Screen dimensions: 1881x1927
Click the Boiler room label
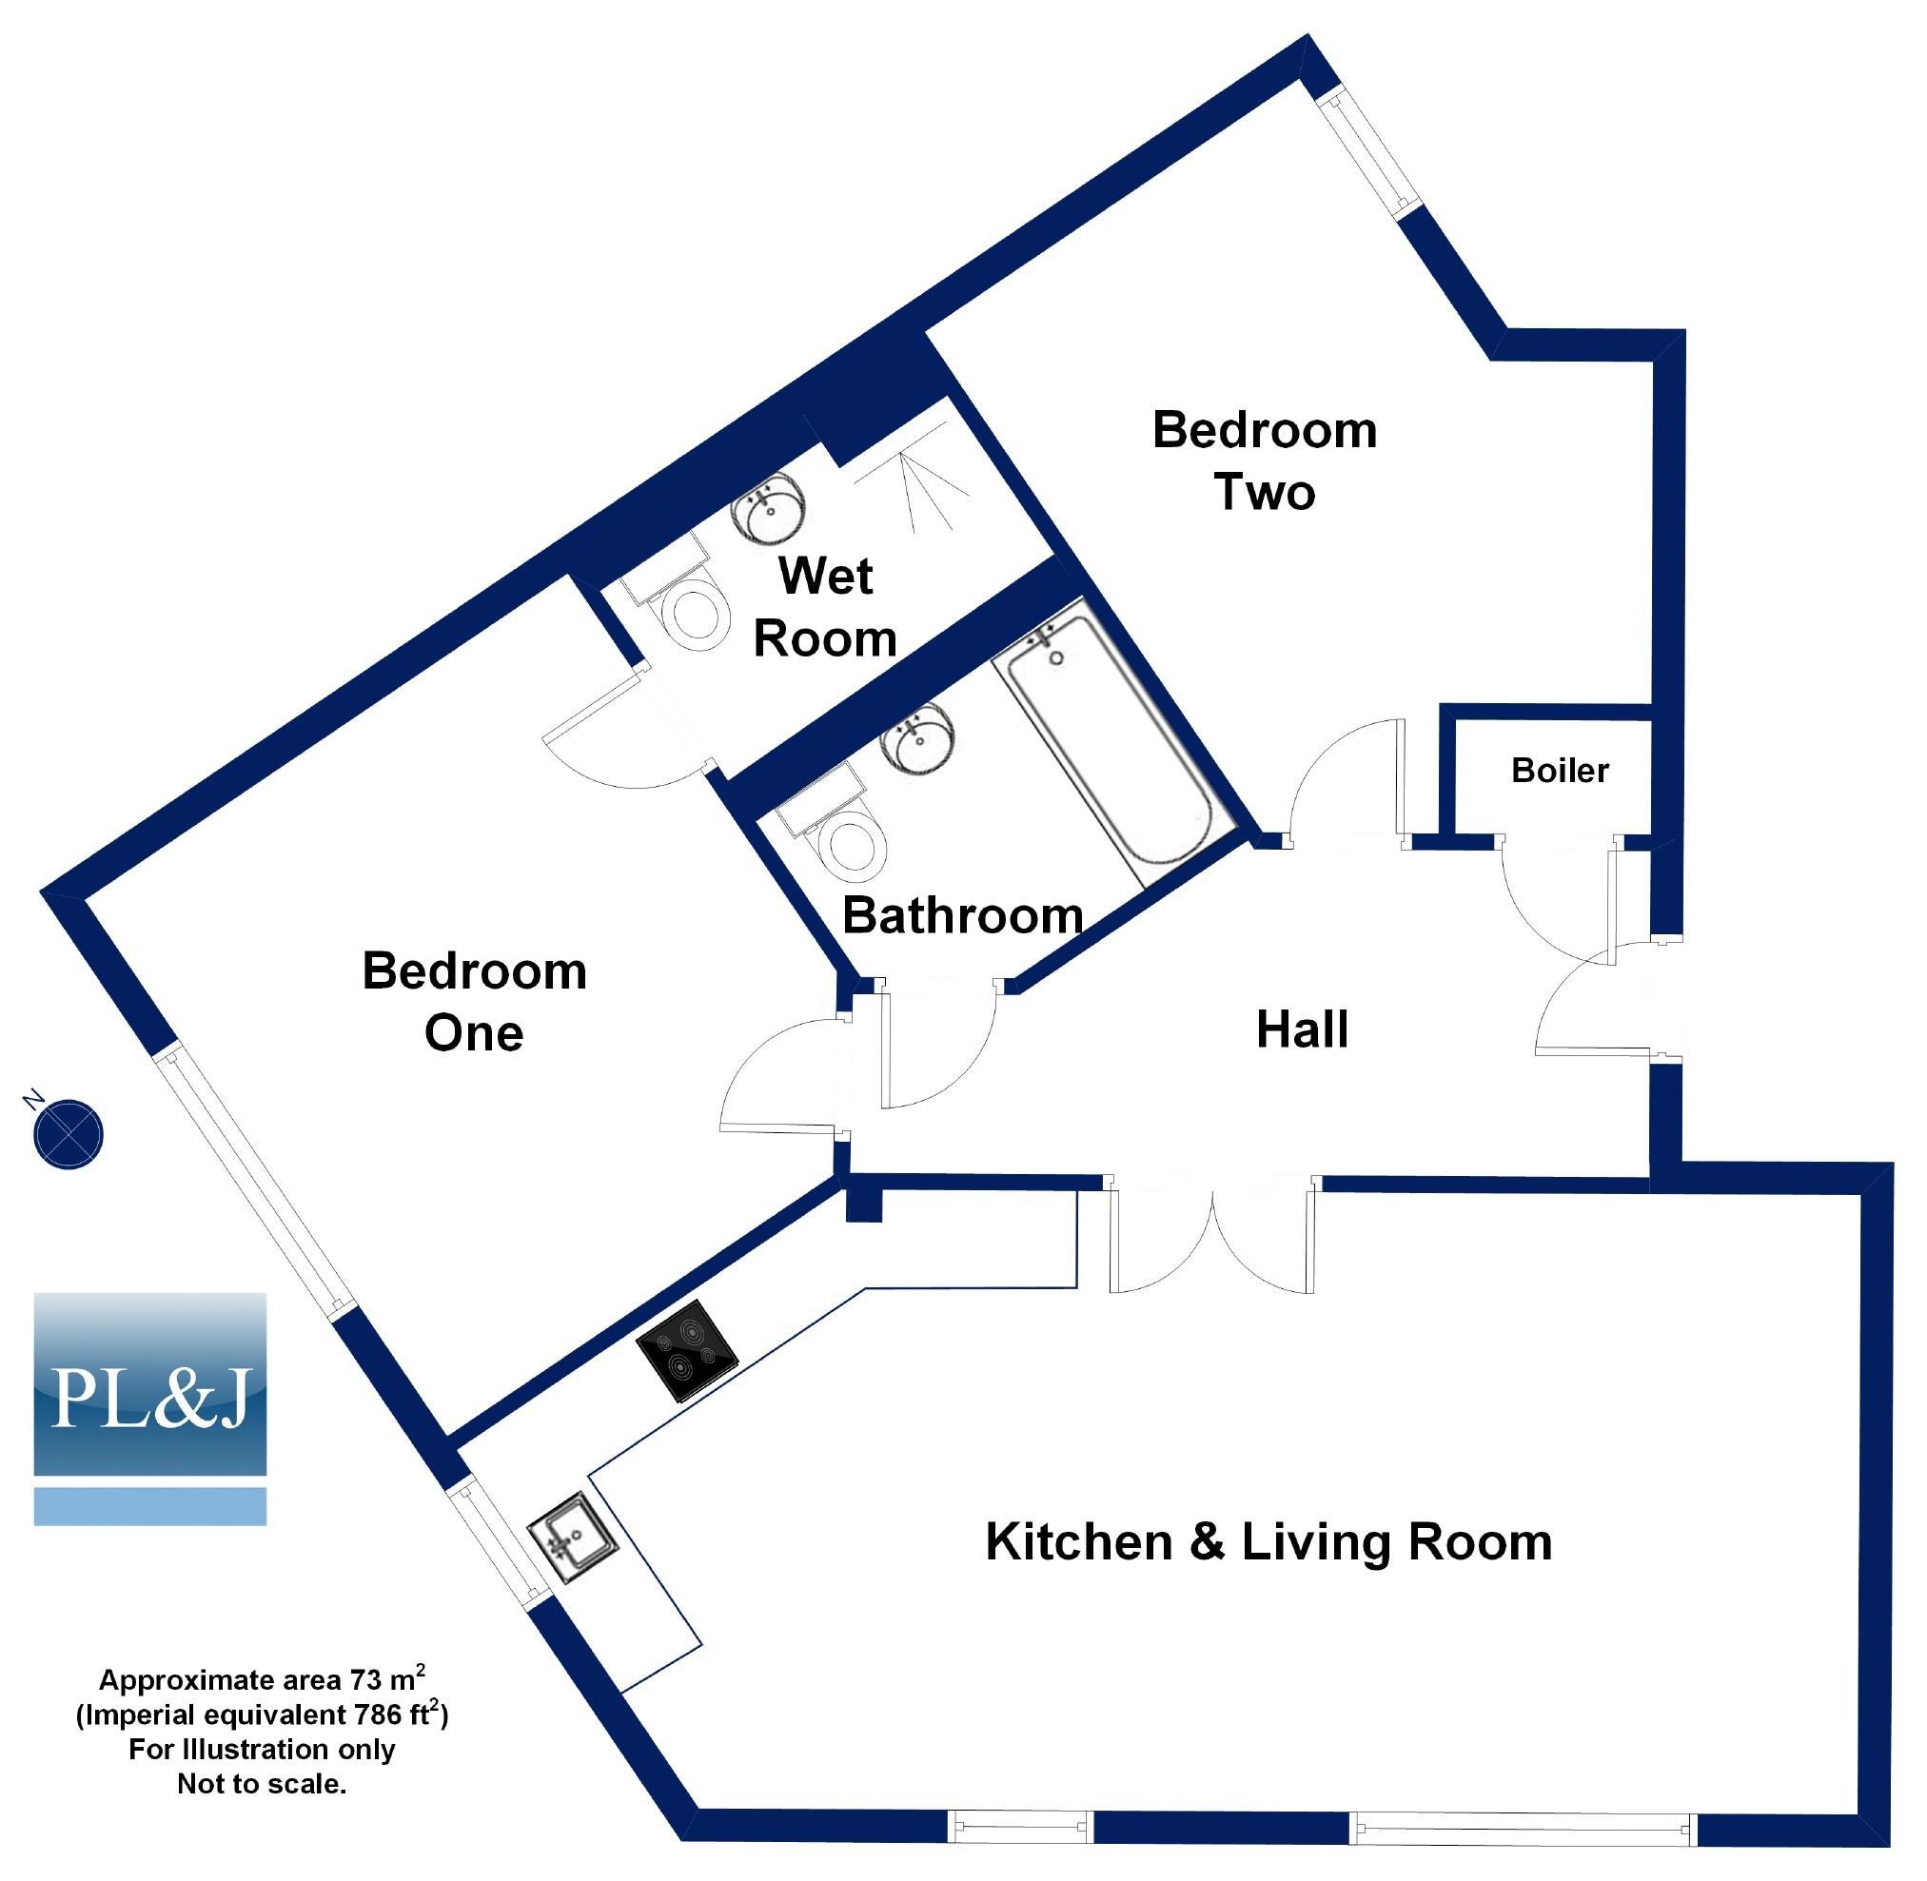(x=1560, y=771)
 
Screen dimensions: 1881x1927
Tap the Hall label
(x=1302, y=1030)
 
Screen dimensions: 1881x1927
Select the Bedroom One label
(x=474, y=1001)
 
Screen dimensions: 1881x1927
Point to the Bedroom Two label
(x=1264, y=461)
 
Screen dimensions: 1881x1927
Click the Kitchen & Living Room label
(x=1268, y=1542)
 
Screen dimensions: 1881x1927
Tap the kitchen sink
(x=572, y=1538)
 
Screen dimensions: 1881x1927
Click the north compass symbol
(x=68, y=1135)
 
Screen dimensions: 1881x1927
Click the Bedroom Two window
(x=1367, y=153)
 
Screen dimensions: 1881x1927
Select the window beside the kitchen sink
(x=496, y=1539)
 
